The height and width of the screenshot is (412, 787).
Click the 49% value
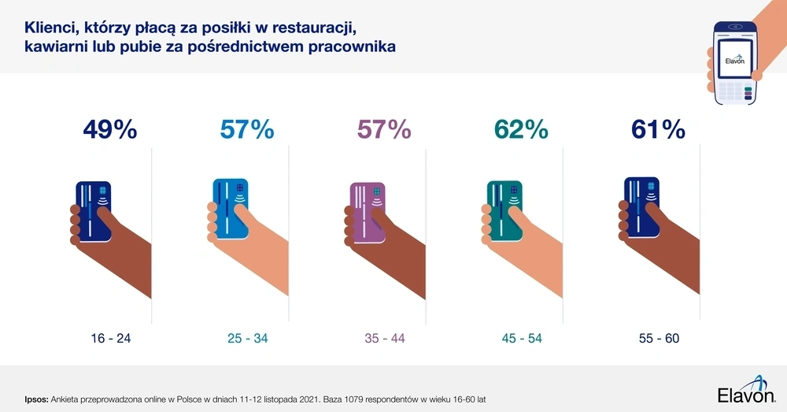click(x=110, y=129)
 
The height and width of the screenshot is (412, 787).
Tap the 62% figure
click(x=521, y=129)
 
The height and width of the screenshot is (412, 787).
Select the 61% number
click(x=658, y=129)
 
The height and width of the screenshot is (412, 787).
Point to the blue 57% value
click(x=247, y=129)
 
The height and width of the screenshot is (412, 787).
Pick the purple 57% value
click(x=384, y=129)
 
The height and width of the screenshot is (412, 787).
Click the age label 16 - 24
click(x=111, y=338)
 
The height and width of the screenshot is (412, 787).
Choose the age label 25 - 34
click(x=247, y=338)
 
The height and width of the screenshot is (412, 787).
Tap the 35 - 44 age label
click(x=384, y=338)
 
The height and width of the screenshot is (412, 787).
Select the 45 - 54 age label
click(x=521, y=338)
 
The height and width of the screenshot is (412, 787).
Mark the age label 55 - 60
click(x=659, y=338)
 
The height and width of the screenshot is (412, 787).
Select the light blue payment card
click(x=230, y=206)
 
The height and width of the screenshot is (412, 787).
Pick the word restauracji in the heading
click(x=310, y=28)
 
